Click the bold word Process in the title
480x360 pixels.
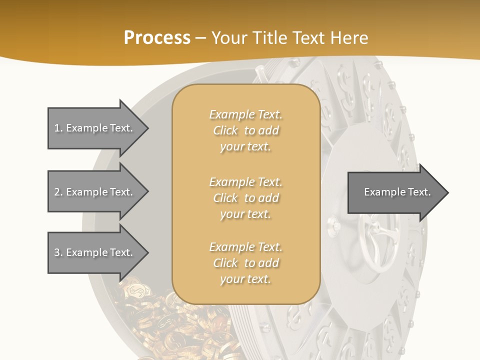[x=157, y=38]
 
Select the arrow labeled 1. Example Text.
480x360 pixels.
[x=95, y=128]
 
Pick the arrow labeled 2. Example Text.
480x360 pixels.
[x=95, y=192]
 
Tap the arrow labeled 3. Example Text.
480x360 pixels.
[x=95, y=252]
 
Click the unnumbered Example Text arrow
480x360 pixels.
[x=395, y=192]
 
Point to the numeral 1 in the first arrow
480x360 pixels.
[x=57, y=128]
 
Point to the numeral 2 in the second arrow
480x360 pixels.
[x=57, y=192]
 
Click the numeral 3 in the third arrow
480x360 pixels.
[x=57, y=252]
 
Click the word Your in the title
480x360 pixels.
[x=229, y=38]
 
